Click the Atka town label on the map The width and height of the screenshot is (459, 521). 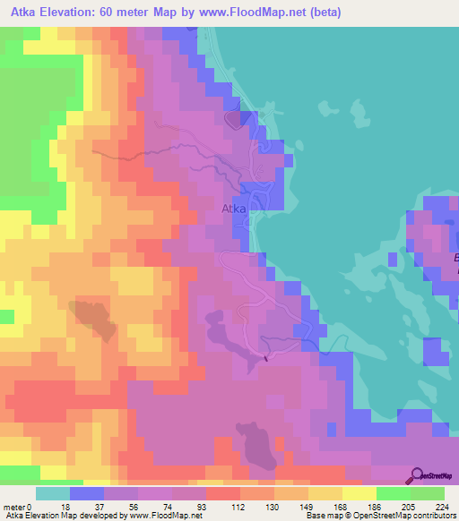pos(233,209)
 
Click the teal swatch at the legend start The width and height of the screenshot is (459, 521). pos(53,493)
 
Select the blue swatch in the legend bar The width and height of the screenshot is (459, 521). pos(87,493)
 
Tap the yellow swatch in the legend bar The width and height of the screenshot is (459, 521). pos(359,493)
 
